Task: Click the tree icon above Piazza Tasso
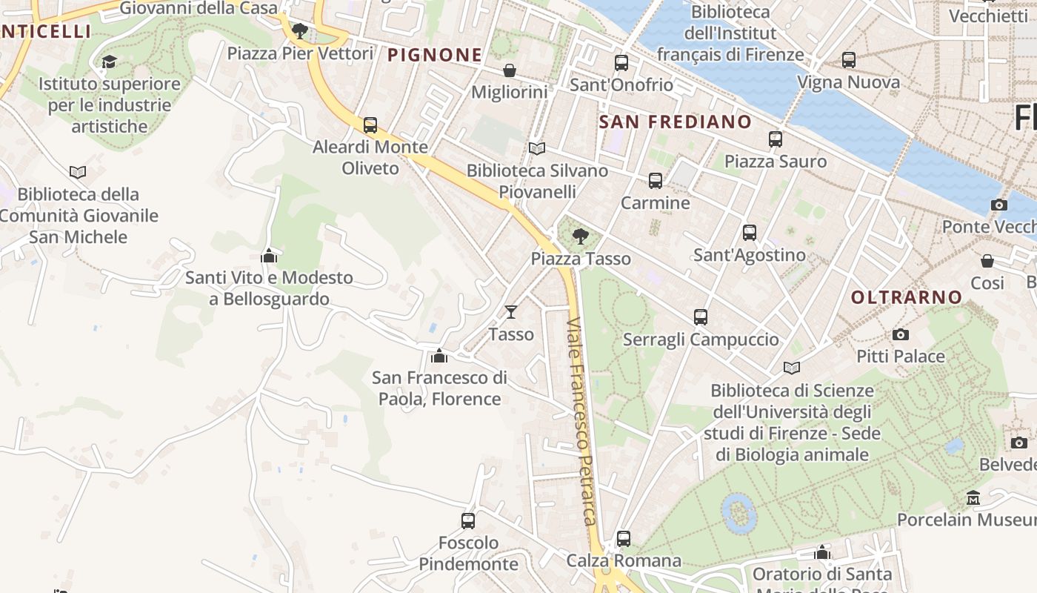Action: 581,236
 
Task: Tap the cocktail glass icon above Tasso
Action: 511,311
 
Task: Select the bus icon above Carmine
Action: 656,181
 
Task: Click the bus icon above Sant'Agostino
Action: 750,233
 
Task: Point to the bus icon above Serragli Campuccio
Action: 701,317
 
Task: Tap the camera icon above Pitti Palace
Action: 901,334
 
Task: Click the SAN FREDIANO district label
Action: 675,122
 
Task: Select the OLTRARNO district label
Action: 907,297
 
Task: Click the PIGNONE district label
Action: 435,55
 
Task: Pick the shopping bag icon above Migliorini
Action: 510,70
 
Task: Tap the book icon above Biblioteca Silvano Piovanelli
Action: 537,148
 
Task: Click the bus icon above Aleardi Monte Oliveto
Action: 370,125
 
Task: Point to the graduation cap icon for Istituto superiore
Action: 110,62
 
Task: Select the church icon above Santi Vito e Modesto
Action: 269,256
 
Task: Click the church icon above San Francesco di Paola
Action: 439,356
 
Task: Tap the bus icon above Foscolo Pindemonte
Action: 468,521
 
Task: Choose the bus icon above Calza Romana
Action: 624,539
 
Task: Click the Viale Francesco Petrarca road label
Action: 581,422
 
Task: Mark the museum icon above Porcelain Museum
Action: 973,497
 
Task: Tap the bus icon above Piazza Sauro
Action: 776,139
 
